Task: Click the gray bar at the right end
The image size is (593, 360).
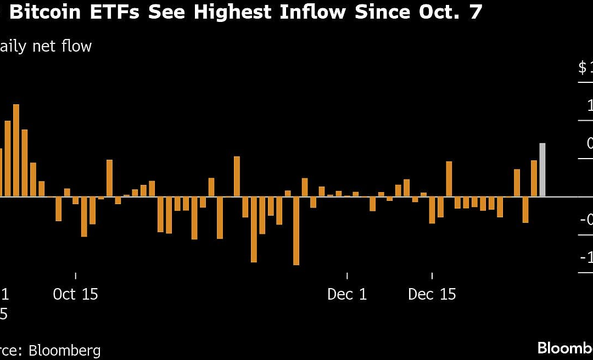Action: coord(542,170)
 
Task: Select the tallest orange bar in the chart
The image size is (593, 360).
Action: coord(16,150)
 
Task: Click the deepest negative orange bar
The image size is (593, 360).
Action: coord(296,230)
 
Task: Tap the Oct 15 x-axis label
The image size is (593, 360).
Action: coord(75,294)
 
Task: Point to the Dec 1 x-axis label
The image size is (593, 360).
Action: coord(347,294)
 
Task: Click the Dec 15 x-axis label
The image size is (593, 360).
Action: coord(432,294)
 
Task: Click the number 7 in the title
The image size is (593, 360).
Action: coord(475,12)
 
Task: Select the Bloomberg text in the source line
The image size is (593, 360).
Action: coord(65,350)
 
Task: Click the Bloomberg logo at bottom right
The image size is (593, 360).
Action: coord(566,347)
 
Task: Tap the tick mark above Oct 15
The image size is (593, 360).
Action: coord(75,276)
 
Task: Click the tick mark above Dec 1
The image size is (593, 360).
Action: coord(347,276)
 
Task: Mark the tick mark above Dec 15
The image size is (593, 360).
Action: coord(432,276)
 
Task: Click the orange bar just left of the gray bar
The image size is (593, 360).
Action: coord(533,178)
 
